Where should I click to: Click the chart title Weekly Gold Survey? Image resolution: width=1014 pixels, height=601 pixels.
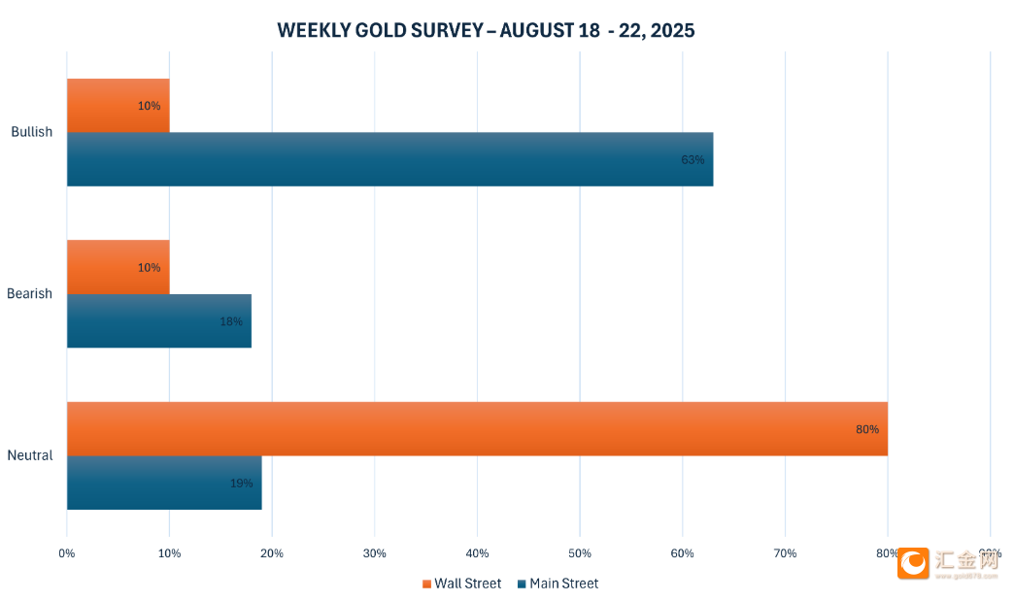point(486,30)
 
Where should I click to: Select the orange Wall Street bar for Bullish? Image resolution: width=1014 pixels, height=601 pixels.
point(118,105)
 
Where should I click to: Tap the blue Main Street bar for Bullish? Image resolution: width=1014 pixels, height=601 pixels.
point(389,159)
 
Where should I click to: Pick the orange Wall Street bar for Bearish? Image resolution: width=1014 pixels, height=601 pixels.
point(118,267)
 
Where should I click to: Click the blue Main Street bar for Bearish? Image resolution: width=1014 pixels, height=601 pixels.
point(158,321)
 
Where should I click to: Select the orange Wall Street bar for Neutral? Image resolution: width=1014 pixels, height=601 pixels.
point(476,428)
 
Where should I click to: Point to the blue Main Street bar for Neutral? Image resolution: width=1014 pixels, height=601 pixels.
point(163,483)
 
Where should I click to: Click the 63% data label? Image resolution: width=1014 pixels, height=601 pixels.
point(693,159)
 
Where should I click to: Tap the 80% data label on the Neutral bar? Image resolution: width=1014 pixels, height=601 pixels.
point(866,429)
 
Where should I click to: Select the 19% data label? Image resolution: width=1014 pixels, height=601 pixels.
point(241,483)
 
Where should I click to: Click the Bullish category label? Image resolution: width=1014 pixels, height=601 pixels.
point(32,132)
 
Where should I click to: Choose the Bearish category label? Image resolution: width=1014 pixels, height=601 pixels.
point(30,293)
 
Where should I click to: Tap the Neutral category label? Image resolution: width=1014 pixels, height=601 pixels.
point(30,455)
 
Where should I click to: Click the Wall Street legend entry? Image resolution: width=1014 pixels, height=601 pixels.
point(462,584)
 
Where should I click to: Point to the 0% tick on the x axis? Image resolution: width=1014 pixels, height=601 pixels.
point(67,553)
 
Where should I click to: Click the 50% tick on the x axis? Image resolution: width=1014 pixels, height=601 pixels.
point(580,553)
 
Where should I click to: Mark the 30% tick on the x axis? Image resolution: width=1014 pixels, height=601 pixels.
point(374,553)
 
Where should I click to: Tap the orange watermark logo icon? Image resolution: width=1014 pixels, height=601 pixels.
point(913,563)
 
